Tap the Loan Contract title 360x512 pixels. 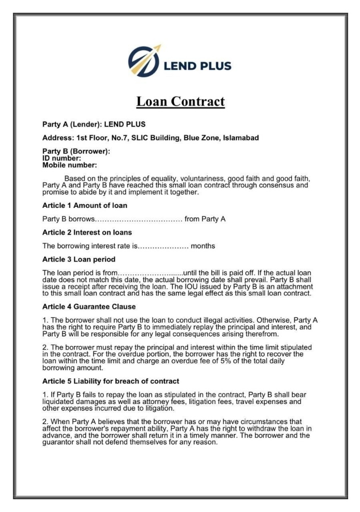[180, 101]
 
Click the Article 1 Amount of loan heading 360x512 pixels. [84, 205]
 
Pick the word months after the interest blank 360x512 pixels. [203, 245]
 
